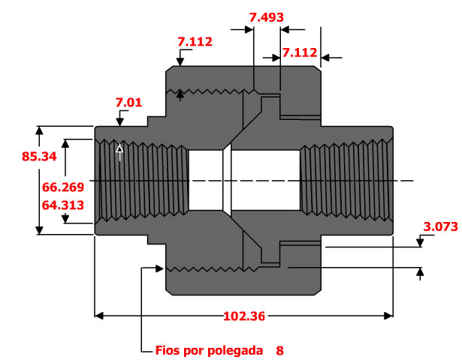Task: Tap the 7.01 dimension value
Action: [x=129, y=102]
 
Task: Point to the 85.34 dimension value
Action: [x=20, y=157]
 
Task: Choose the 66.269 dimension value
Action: [x=63, y=187]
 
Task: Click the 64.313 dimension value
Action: [x=63, y=203]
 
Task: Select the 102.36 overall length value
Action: [x=243, y=316]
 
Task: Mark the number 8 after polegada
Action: [x=279, y=350]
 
